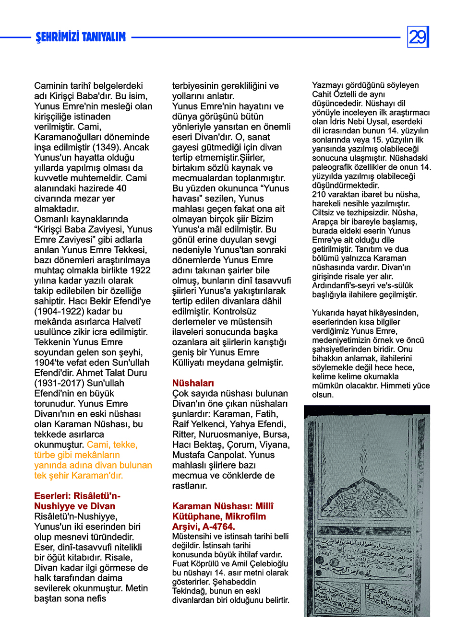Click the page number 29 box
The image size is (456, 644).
coord(418,37)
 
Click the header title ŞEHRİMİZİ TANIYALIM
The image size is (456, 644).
coord(81,37)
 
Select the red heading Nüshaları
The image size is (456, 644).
coord(193,383)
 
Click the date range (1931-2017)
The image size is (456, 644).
coord(55,383)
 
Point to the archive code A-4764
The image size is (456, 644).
coord(216,527)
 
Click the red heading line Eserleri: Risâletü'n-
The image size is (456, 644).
coord(77,496)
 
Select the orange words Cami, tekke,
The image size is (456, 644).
coord(112,445)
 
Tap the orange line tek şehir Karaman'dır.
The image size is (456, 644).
coord(79,475)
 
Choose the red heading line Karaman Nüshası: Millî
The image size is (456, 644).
coord(223,506)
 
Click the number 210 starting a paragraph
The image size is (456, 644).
coord(319,194)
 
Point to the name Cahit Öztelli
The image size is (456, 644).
coord(335,94)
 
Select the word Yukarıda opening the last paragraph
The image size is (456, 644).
coord(329,313)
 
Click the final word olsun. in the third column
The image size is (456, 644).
coord(323,395)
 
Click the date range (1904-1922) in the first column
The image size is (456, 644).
coord(55,311)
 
